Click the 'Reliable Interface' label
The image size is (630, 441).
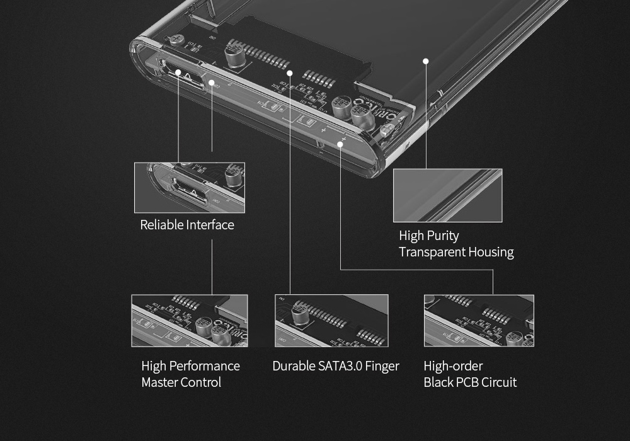tap(186, 225)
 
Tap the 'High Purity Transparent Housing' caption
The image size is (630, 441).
tap(456, 244)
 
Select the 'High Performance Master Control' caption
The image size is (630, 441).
tap(190, 374)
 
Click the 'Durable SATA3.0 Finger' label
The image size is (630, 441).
tap(335, 366)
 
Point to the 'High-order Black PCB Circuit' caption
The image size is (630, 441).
tap(470, 374)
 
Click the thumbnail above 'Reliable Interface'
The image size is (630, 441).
tap(189, 188)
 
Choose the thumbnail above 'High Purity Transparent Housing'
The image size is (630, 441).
tap(447, 195)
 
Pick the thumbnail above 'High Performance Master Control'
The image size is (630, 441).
tap(189, 321)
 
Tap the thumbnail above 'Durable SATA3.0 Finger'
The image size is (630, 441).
tap(331, 321)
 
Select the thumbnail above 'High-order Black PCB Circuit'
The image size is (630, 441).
tap(479, 321)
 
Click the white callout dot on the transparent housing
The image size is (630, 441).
tap(426, 61)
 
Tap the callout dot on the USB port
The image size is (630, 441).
tap(179, 73)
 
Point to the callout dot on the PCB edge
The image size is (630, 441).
tap(340, 144)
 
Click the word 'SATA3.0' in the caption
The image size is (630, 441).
tap(346, 366)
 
